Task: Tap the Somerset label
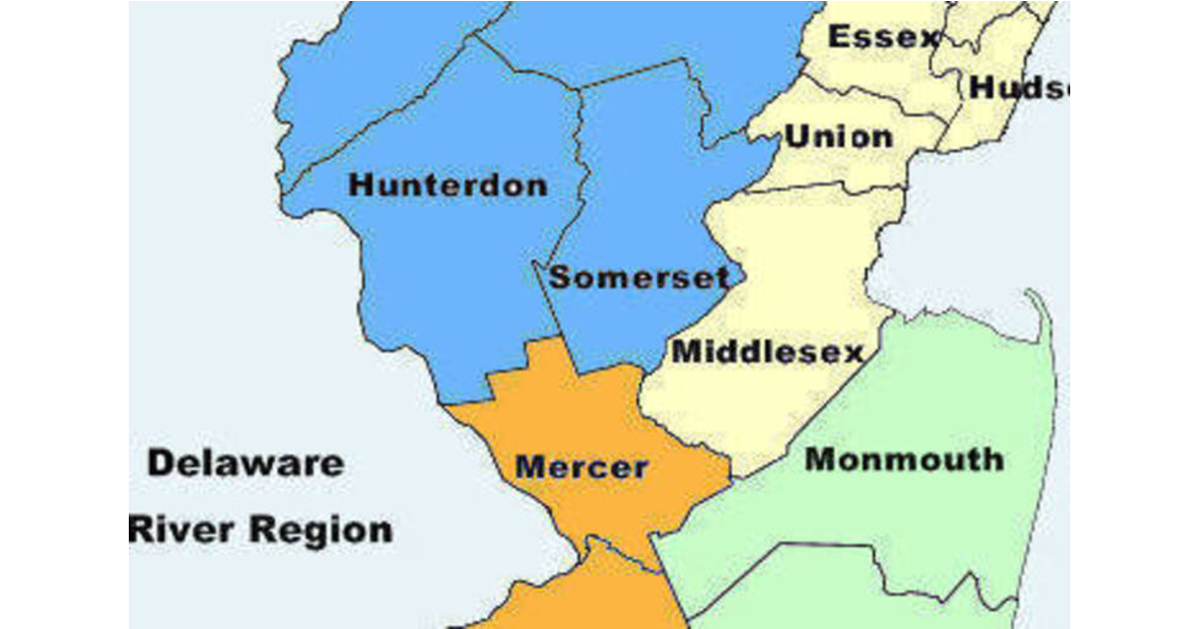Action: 639,277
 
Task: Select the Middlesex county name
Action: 767,351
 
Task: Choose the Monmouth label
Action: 903,459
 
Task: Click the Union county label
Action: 839,137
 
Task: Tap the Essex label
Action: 884,38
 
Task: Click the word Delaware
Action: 246,463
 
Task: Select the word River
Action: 183,529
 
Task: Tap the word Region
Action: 321,529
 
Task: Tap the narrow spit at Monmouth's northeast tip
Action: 1040,310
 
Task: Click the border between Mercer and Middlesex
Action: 689,429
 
